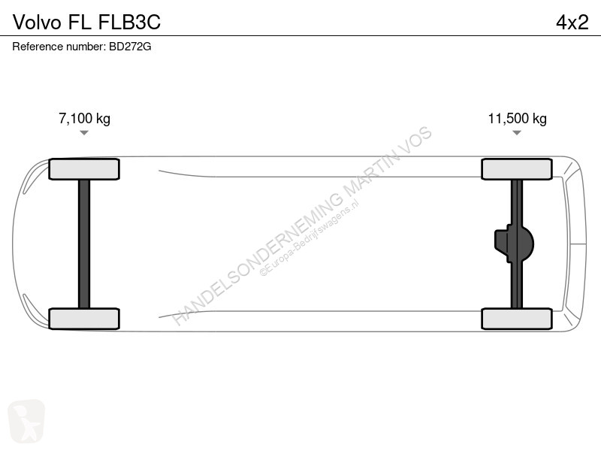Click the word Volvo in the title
(x=37, y=23)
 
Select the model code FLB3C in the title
(x=129, y=23)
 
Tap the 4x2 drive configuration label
(x=572, y=23)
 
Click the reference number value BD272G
(x=130, y=47)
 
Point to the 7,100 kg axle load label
(x=84, y=119)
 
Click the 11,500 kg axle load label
(x=517, y=119)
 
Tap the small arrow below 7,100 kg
(x=84, y=133)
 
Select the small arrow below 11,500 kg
(x=517, y=133)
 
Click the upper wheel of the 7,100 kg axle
(x=84, y=169)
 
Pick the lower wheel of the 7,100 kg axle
(x=84, y=319)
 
